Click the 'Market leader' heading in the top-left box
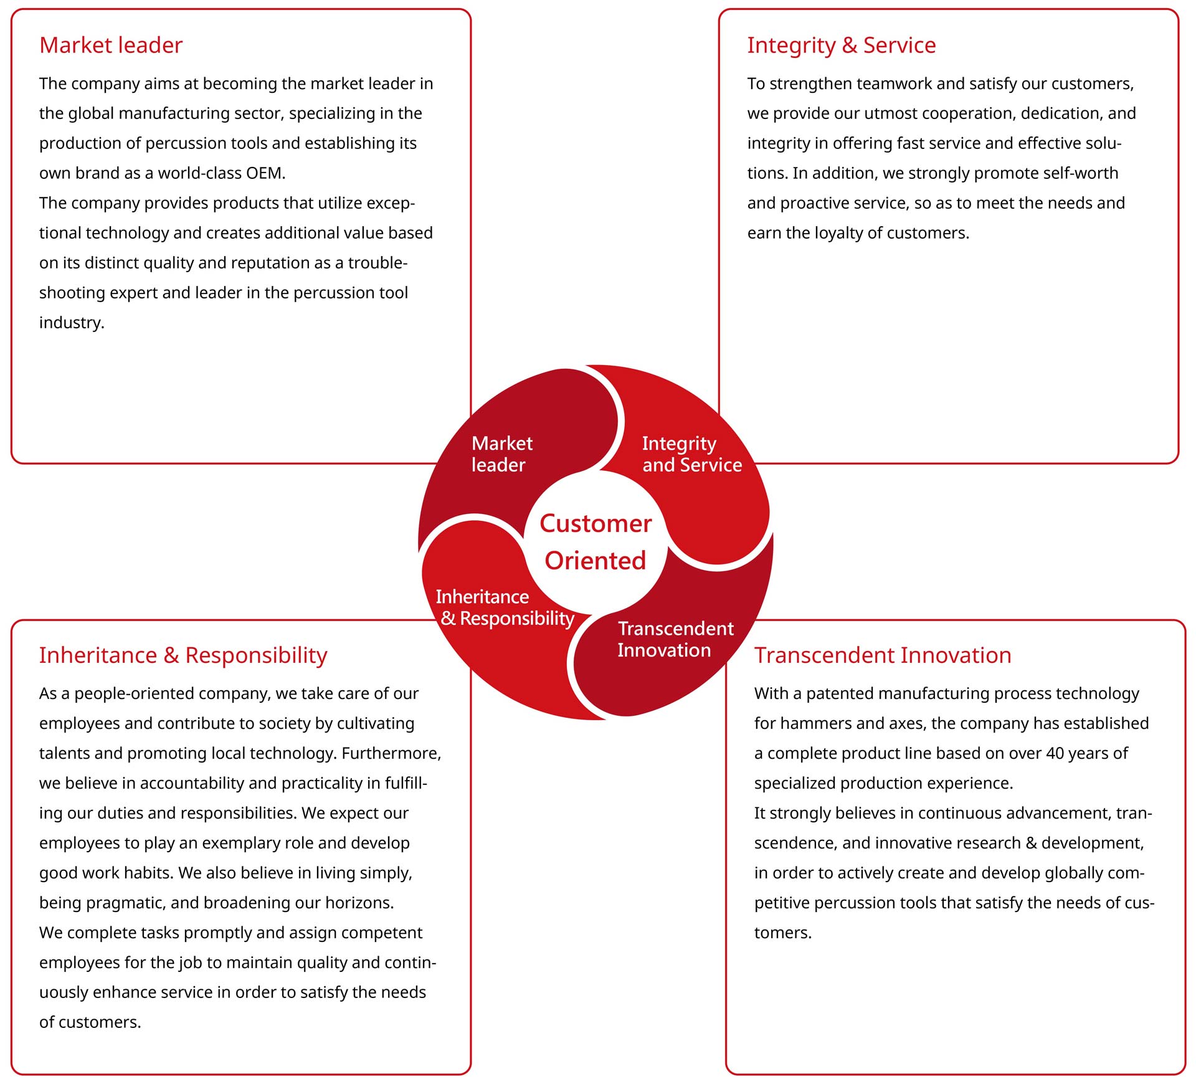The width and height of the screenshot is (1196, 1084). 111,45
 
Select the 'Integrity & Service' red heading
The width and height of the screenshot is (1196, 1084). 842,45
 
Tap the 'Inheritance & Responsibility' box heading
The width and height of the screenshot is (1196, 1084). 183,655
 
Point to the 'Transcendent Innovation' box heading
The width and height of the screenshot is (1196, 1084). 883,655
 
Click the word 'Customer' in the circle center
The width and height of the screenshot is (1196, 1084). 596,523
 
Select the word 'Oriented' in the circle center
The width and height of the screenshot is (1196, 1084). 596,561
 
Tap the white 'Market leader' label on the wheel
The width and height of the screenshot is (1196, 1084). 502,454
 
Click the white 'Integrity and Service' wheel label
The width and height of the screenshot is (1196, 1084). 692,455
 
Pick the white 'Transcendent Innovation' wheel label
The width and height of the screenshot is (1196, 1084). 676,639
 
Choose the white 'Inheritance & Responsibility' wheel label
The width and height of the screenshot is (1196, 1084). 505,608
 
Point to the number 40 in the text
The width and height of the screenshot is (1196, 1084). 1055,753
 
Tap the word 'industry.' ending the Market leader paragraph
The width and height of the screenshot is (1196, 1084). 72,323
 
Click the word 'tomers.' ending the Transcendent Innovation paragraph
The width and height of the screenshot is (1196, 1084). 783,933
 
